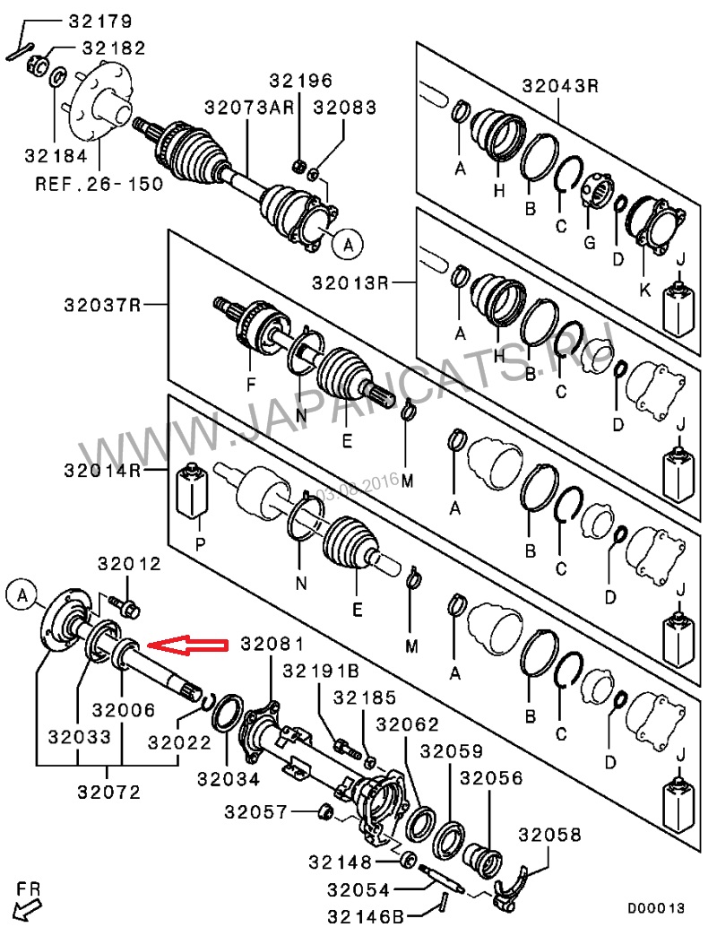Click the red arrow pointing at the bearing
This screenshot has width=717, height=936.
(188, 644)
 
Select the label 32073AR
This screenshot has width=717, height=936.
(248, 108)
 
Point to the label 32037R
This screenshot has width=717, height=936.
(102, 305)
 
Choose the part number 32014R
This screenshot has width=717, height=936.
(102, 469)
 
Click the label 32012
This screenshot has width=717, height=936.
(129, 565)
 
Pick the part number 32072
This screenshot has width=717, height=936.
(108, 793)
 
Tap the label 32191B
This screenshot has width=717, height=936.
(321, 671)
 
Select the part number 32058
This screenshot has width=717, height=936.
(549, 836)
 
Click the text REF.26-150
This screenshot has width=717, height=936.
(99, 185)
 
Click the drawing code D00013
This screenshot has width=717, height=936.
(655, 908)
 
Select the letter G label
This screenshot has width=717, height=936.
(589, 243)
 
